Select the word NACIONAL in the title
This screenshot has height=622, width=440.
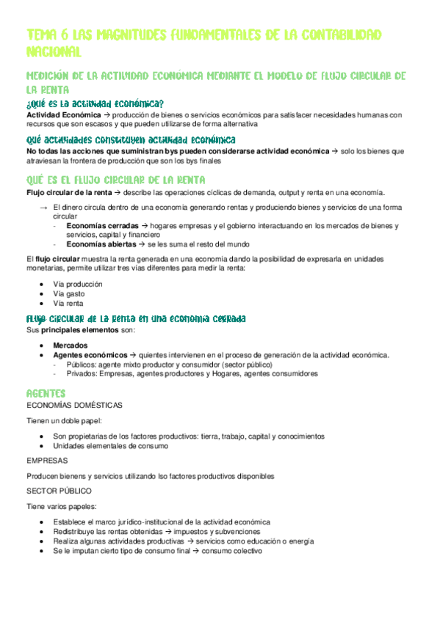[x=53, y=51]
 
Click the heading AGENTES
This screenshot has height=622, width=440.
[x=46, y=394]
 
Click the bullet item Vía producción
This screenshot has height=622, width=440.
[x=78, y=284]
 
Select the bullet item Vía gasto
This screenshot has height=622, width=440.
[x=70, y=293]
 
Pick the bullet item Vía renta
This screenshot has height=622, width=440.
[x=68, y=303]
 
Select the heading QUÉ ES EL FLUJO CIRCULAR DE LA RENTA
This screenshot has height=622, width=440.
[x=116, y=180]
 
